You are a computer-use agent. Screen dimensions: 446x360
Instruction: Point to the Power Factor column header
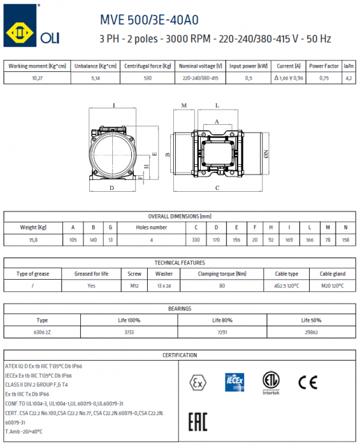[x=324, y=66]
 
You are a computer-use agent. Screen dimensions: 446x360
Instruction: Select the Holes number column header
[x=152, y=227]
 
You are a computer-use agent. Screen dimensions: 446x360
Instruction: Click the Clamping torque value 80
[x=222, y=286]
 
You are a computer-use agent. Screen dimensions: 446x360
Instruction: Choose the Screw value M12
[x=134, y=286]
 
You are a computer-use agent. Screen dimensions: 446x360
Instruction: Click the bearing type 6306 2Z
[x=42, y=332]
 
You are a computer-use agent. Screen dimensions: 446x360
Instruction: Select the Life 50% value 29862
[x=310, y=332]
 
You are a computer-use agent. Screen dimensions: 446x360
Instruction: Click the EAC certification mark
[x=198, y=422]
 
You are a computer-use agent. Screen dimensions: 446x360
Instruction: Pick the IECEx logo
[x=233, y=382]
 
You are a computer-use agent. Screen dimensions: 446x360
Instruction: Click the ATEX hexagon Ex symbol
[x=198, y=382]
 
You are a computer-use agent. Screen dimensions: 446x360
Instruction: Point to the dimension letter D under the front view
[x=112, y=187]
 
